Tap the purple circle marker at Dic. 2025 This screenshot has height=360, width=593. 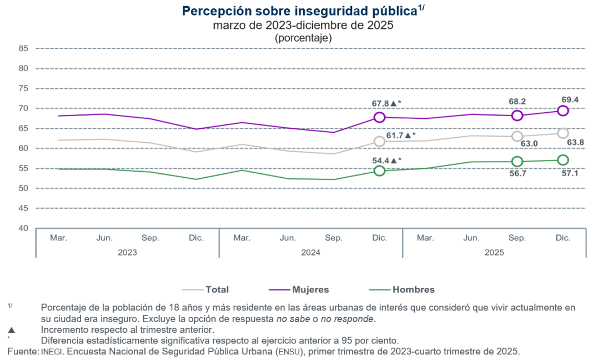click(x=562, y=111)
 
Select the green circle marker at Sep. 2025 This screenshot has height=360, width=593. click(x=517, y=161)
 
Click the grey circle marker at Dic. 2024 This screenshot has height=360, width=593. click(x=379, y=141)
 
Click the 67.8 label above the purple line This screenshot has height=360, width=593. click(x=381, y=103)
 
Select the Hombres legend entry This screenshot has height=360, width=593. click(x=413, y=289)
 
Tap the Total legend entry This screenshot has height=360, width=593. click(x=217, y=289)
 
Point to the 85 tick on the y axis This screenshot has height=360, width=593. click(x=23, y=48)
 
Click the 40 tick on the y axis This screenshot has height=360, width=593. click(x=23, y=228)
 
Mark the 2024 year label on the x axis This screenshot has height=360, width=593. click(x=310, y=252)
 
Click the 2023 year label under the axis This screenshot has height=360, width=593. click(x=127, y=252)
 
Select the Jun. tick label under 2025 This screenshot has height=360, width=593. click(x=471, y=238)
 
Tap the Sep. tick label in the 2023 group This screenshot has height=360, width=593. click(x=150, y=238)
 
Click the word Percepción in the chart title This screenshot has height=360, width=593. click(x=215, y=11)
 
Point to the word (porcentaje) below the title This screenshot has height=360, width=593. click(x=303, y=38)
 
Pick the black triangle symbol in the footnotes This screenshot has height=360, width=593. click(x=12, y=329)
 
